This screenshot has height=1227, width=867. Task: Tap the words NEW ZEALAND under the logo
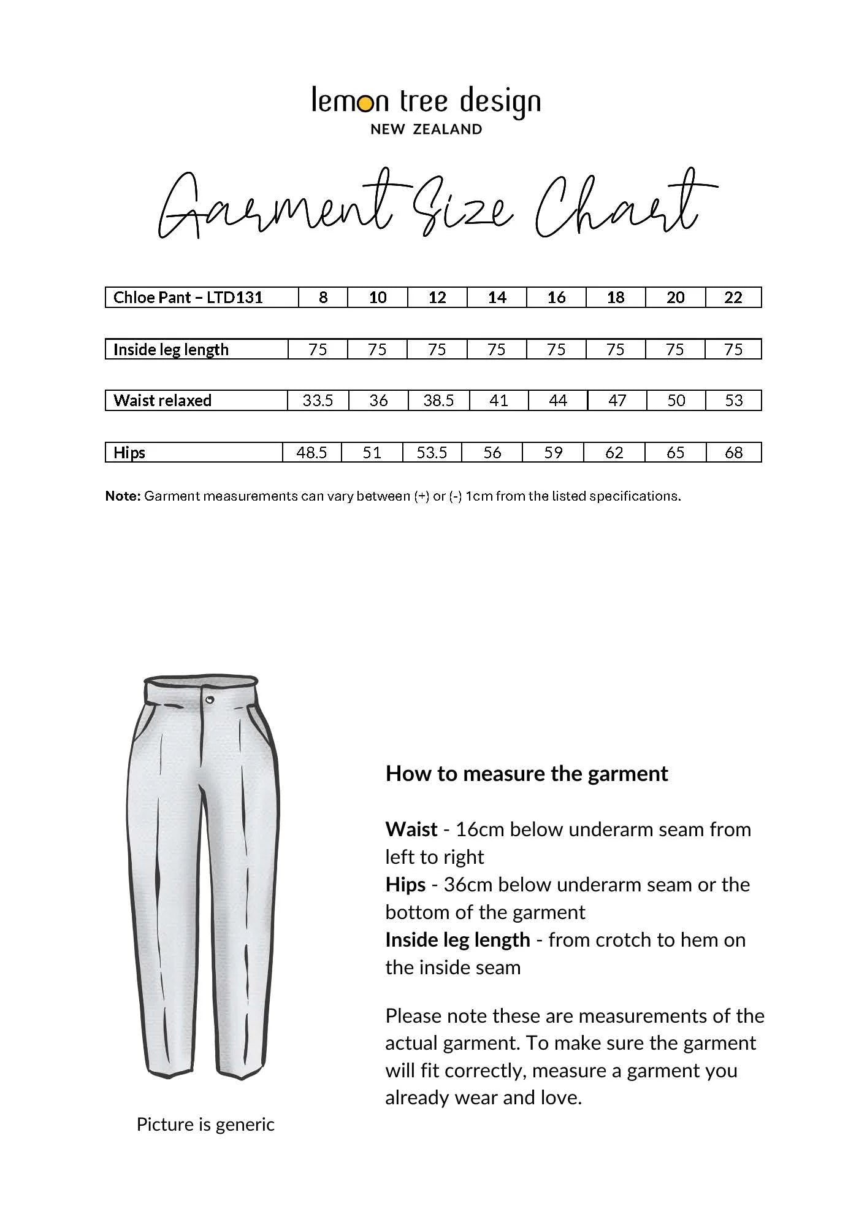[426, 129]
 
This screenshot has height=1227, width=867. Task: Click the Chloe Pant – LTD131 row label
[188, 298]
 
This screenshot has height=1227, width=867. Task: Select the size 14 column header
[497, 298]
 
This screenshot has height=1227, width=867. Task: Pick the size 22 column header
[733, 298]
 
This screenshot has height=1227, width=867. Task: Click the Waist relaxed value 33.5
[318, 401]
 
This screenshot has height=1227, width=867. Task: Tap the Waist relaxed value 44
[557, 401]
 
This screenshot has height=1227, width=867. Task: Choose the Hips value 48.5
[311, 453]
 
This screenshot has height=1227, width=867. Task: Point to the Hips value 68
[733, 453]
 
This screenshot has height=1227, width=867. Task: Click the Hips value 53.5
[432, 453]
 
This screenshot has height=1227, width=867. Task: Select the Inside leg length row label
[170, 350]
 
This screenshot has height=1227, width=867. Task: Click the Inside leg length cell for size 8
[318, 350]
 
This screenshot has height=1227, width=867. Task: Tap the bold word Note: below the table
[123, 496]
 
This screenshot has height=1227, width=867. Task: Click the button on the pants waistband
[210, 699]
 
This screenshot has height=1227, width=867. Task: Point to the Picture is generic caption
[205, 1125]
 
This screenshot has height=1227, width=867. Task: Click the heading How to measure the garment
[526, 774]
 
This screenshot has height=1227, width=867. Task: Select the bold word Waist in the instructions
[411, 829]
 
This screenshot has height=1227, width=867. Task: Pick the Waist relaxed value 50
[676, 401]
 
